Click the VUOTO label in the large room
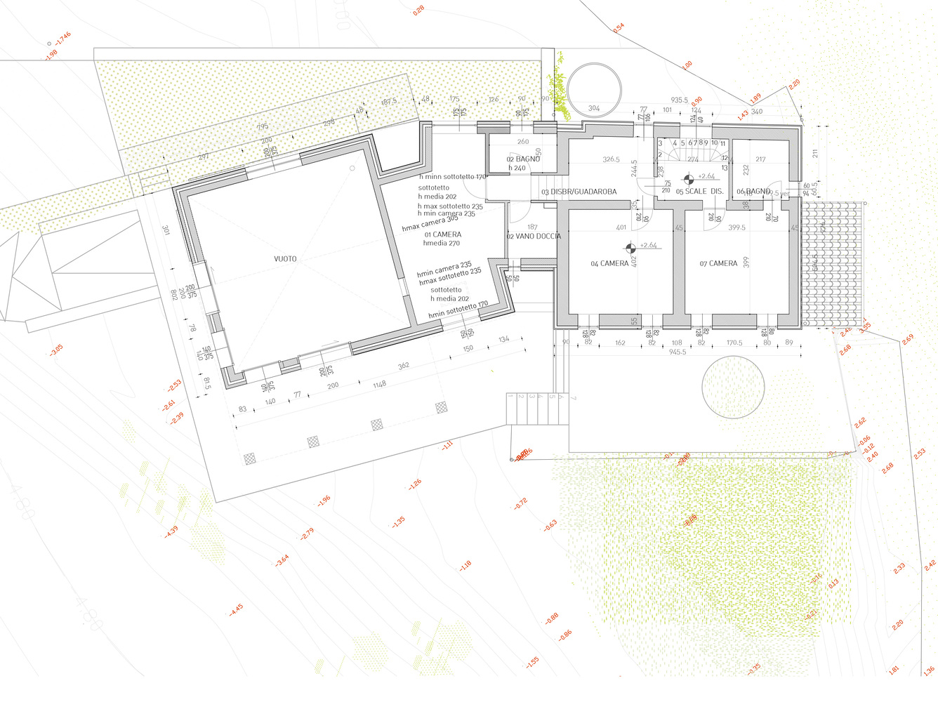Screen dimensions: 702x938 (285, 259)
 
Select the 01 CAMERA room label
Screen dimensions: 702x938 (442, 234)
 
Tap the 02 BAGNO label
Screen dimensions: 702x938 (523, 159)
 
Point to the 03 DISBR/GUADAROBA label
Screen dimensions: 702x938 (579, 192)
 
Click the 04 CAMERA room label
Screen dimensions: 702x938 (609, 264)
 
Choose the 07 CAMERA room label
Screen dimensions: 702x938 (718, 264)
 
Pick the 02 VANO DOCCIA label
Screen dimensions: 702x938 (534, 237)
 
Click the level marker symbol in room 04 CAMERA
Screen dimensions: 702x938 (630, 247)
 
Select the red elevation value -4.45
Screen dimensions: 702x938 (236, 611)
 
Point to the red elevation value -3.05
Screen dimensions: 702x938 (56, 349)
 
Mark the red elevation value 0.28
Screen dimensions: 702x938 (418, 11)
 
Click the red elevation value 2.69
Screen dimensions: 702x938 (908, 339)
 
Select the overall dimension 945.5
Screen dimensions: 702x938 (678, 352)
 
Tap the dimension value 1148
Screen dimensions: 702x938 (380, 385)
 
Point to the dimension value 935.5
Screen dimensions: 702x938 (680, 100)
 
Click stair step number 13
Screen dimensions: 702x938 (725, 168)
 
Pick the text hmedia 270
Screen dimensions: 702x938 (441, 243)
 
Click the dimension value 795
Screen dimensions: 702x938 (263, 127)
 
